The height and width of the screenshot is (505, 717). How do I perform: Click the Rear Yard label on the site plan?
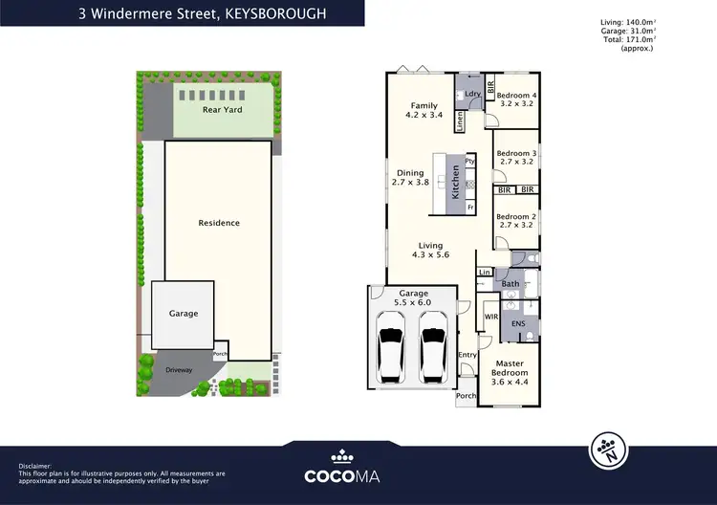point(222,110)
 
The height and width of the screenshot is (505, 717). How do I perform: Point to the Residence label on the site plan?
point(219,223)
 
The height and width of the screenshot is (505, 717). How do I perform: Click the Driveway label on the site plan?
point(179,368)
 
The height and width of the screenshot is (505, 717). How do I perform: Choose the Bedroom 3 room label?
point(516,158)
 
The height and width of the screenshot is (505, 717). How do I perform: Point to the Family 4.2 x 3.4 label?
point(424,111)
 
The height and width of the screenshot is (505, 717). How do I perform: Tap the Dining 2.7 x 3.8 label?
point(410,178)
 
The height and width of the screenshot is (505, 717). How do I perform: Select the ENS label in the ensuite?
point(518,324)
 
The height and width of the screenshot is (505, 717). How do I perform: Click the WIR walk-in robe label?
point(491,315)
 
